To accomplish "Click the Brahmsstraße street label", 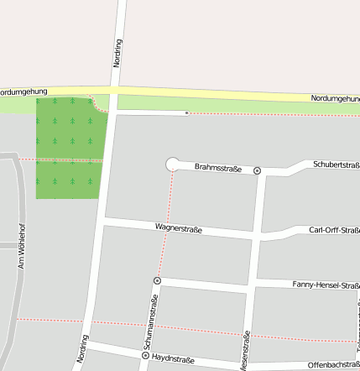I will coord(217,168).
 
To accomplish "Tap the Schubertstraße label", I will coord(337,165).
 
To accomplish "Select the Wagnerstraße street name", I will coord(179,227).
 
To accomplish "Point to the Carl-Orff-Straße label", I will coord(334,230).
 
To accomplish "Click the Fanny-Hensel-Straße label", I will coord(326,285).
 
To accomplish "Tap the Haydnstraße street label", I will coord(173,359).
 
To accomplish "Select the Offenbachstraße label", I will coord(333,365).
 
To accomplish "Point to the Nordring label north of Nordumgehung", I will coord(117,52).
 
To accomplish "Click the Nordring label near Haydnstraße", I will coord(82,349).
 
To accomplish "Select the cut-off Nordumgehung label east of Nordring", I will coord(335,98).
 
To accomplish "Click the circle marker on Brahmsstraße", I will coord(258,170).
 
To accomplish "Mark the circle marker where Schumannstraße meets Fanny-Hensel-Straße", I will coord(157,280).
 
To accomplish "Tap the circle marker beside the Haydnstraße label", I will coord(145,356).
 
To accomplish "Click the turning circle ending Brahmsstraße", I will coord(173,164).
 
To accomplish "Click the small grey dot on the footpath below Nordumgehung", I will coord(186,112).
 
